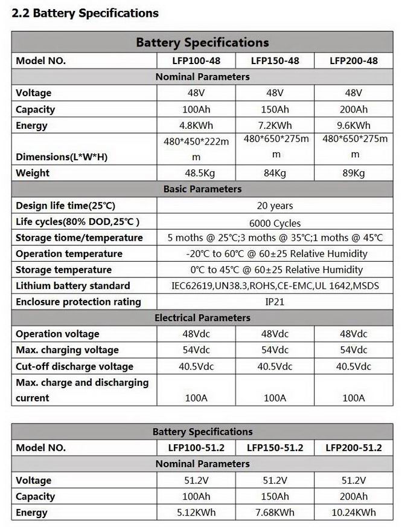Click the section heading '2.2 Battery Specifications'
point(85,13)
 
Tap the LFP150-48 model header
point(275,60)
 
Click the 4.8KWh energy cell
point(196,126)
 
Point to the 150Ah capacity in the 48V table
point(275,109)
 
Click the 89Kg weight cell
point(354,173)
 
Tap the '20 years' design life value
point(275,206)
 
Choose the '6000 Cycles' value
point(275,222)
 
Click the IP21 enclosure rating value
point(275,302)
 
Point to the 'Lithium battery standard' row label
point(73,285)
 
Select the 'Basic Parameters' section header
point(202,189)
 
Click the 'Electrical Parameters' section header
point(202,317)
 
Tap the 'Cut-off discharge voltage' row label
point(74,366)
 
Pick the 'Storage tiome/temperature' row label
point(79,238)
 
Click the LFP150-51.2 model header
point(275,448)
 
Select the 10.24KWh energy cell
point(354,513)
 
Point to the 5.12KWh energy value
point(196,513)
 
